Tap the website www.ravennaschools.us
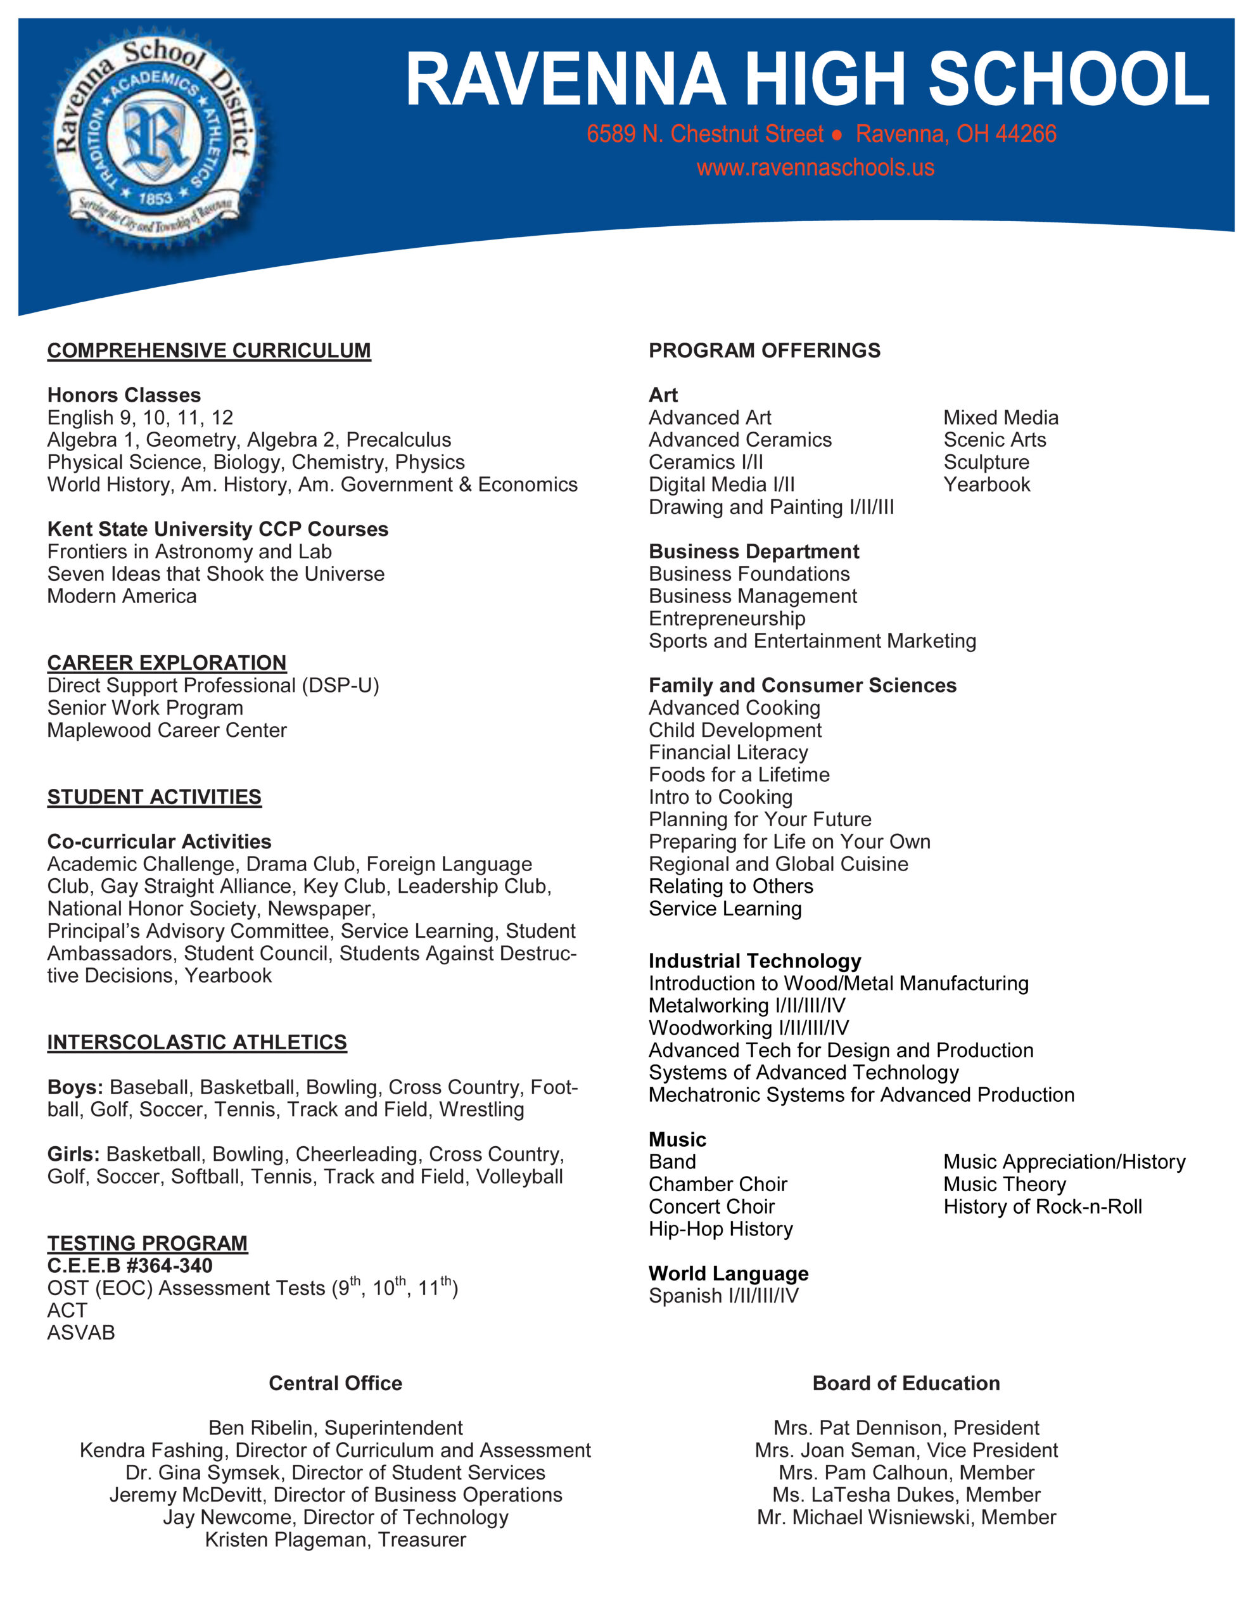tap(815, 168)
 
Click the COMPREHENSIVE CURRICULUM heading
tap(208, 350)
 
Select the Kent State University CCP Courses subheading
tap(218, 529)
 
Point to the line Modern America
tap(122, 596)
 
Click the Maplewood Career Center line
tap(167, 730)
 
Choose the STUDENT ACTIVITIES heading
tap(154, 797)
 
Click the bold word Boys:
tap(75, 1087)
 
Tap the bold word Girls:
tap(73, 1154)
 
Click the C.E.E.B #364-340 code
tap(129, 1265)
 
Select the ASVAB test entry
tap(81, 1332)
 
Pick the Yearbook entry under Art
tap(986, 485)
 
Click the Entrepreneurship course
tap(727, 618)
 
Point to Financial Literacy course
tap(728, 752)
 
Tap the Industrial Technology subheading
tap(754, 961)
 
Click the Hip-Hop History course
tap(720, 1229)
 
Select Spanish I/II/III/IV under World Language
tap(723, 1296)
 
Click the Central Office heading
tap(335, 1383)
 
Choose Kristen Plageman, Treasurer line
tap(335, 1540)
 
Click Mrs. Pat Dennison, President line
tap(906, 1428)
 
